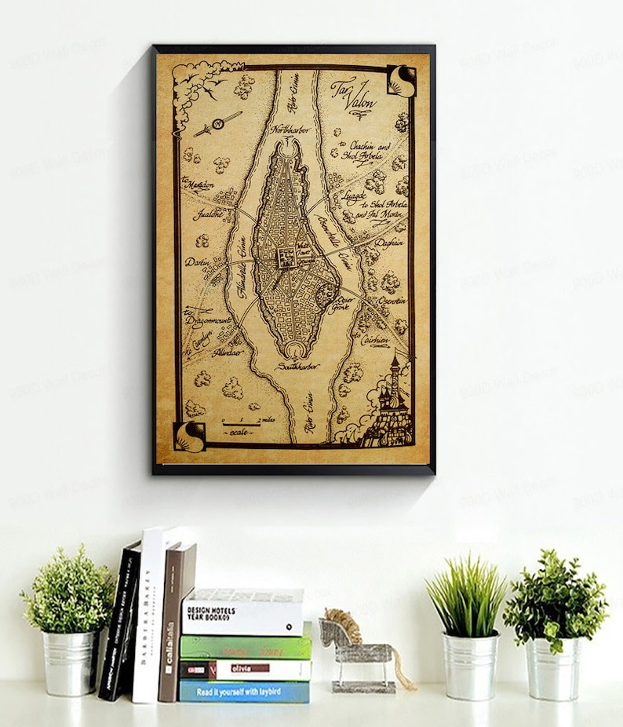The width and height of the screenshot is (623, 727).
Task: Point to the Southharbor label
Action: click(301, 366)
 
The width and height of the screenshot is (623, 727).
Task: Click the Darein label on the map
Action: click(196, 262)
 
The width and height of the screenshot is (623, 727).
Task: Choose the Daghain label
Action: click(389, 243)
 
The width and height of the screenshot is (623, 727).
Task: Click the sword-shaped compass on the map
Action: click(217, 124)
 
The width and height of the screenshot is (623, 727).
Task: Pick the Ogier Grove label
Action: click(344, 302)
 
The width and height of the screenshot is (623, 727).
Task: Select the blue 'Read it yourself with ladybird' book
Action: click(245, 691)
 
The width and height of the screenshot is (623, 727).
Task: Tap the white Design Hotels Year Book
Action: click(242, 612)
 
